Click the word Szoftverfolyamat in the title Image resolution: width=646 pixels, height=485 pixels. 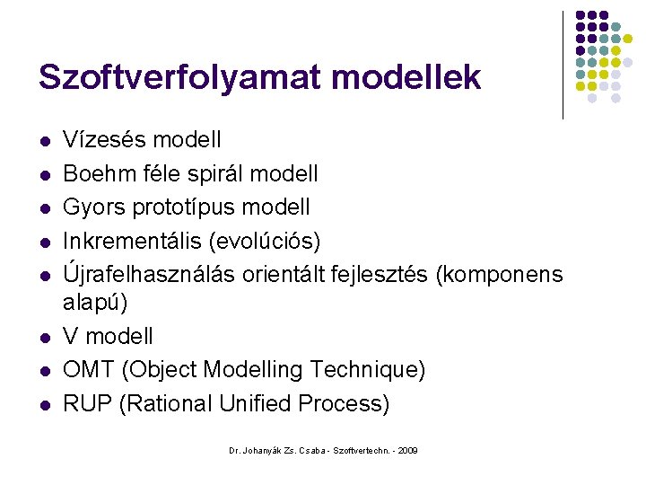pyautogui.click(x=176, y=77)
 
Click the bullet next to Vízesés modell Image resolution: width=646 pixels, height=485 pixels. pyautogui.click(x=43, y=142)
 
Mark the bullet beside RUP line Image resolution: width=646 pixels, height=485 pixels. pyautogui.click(x=43, y=405)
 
